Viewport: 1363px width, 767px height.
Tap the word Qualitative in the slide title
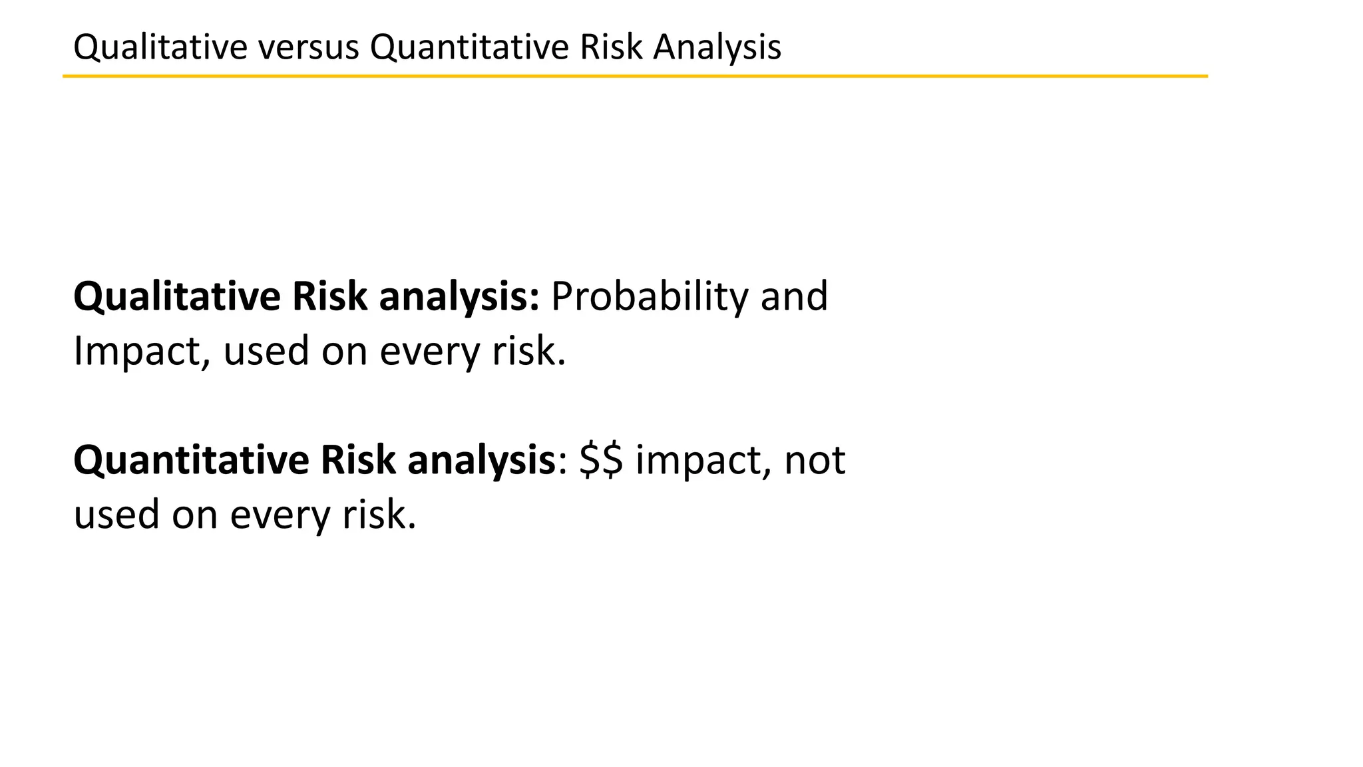coord(160,48)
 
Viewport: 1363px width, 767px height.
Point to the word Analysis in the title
coord(717,48)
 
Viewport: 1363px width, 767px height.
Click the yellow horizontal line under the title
coord(635,77)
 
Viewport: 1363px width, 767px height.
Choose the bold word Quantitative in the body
coord(191,461)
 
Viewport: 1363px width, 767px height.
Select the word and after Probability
coord(794,297)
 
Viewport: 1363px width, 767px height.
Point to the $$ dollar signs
coord(601,461)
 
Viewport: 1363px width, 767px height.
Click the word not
coord(815,461)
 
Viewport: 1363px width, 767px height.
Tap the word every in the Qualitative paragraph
coord(430,353)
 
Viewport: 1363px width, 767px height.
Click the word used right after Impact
coord(266,352)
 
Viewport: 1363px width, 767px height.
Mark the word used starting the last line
coord(116,515)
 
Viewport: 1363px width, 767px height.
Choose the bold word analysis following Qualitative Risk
coord(459,297)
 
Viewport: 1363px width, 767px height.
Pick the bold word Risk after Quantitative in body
coord(358,461)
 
